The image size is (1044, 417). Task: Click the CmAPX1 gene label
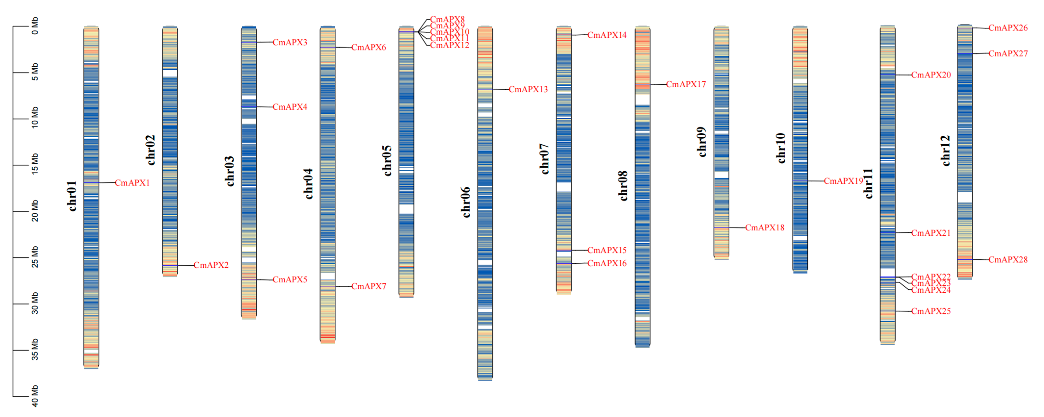click(x=132, y=183)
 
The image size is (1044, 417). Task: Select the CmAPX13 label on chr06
click(x=528, y=89)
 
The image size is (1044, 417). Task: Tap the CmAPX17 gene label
click(x=686, y=85)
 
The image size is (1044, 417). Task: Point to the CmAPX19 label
click(x=843, y=181)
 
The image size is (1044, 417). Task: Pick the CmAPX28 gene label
click(x=1008, y=260)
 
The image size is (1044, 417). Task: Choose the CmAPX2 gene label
click(x=211, y=265)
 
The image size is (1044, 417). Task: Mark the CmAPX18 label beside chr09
click(x=765, y=227)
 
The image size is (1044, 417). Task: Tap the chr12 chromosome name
click(x=945, y=151)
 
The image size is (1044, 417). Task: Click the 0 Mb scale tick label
click(x=35, y=25)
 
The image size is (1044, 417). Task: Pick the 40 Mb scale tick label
click(x=35, y=396)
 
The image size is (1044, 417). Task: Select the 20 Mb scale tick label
click(x=35, y=211)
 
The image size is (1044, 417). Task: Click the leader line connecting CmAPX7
click(x=343, y=286)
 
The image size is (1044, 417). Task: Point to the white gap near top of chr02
click(x=170, y=73)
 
